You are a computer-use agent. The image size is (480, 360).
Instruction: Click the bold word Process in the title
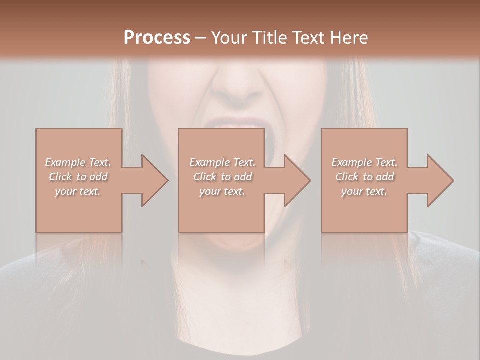coord(157,37)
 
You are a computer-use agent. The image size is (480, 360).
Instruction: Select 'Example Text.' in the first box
coord(78,162)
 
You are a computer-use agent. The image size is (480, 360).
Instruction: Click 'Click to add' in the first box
coord(78,177)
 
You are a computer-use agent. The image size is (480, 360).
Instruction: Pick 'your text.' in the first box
coord(78,191)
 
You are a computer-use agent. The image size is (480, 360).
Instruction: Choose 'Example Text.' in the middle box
coord(222,162)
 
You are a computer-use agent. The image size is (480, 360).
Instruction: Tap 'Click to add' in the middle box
coord(222,177)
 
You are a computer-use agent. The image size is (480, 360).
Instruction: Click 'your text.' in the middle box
coord(222,191)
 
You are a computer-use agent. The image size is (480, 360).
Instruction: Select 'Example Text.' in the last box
coord(364,162)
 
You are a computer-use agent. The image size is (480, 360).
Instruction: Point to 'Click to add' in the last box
coord(364,177)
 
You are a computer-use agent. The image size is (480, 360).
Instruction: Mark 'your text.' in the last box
coord(364,191)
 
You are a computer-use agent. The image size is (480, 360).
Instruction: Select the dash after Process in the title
coord(200,38)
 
